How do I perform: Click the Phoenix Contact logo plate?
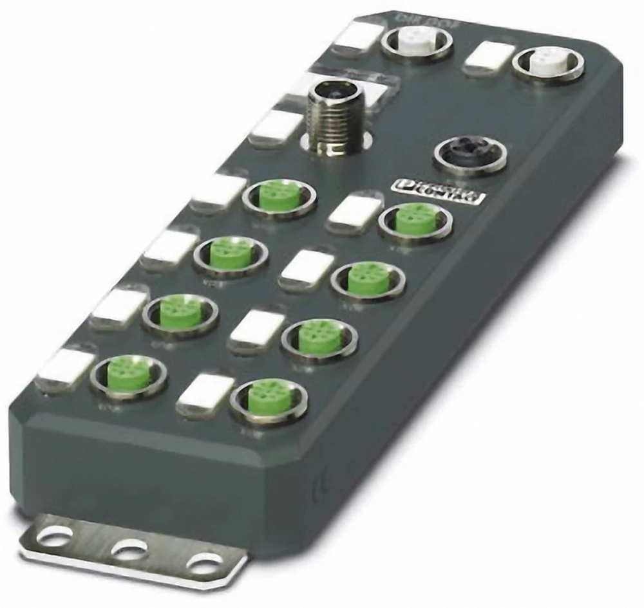(438, 192)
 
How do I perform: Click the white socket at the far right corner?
(549, 64)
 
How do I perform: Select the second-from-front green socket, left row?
(180, 312)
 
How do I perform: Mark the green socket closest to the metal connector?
(279, 195)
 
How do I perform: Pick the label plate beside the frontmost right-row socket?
(205, 392)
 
